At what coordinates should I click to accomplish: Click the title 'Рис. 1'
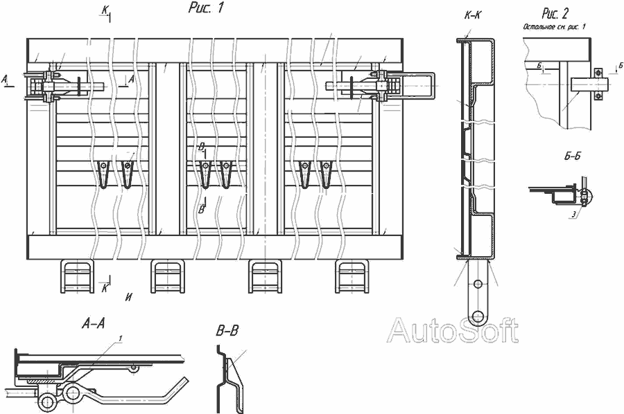[206, 8]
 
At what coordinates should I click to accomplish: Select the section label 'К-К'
[477, 15]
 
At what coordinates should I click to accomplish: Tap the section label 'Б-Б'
[572, 156]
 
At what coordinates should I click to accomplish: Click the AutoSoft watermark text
[452, 331]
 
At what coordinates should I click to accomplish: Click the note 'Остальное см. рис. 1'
[555, 26]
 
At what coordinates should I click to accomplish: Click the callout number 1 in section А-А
[121, 338]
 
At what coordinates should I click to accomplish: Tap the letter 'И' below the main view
[129, 297]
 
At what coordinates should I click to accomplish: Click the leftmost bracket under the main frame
[76, 276]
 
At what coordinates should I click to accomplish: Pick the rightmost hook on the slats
[325, 173]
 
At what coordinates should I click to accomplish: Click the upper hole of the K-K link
[478, 285]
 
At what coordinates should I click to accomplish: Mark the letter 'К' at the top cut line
[103, 9]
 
